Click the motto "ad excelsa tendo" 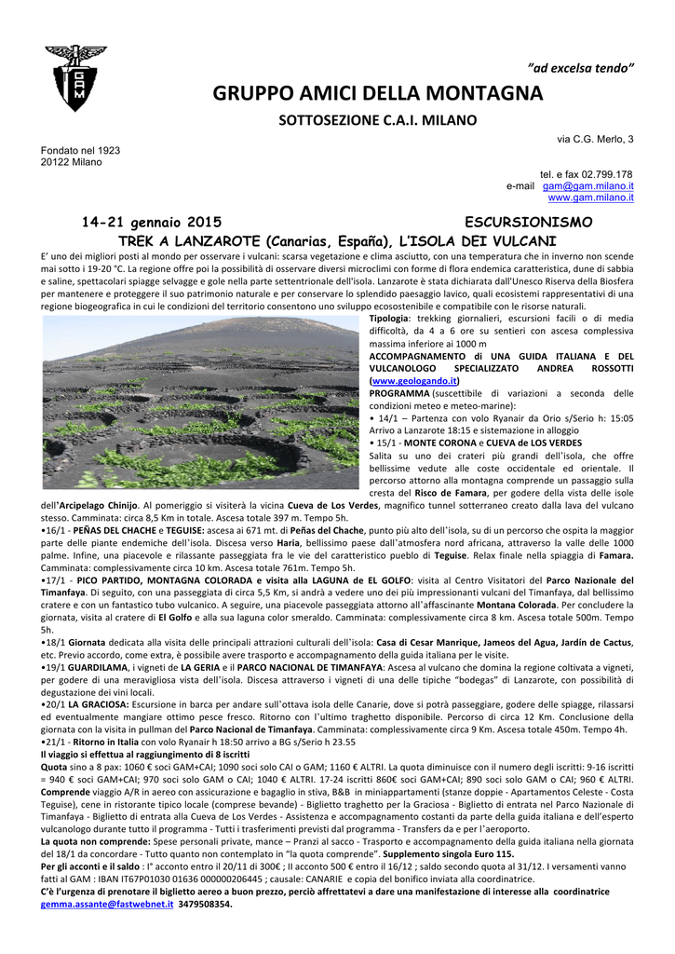coord(581,70)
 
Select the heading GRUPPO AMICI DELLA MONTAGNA coord(377,93)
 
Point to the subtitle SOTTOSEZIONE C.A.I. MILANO coord(378,120)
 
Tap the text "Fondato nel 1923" coord(80,150)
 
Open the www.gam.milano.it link coord(590,198)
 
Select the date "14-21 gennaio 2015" coord(152,223)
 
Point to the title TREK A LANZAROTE coord(186,239)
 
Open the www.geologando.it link coord(414,381)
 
